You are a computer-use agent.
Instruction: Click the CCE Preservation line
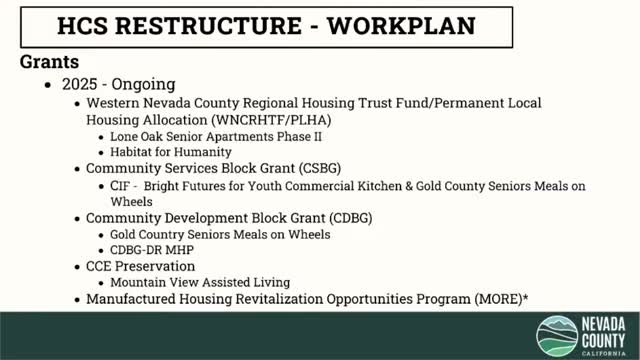tap(141, 266)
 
